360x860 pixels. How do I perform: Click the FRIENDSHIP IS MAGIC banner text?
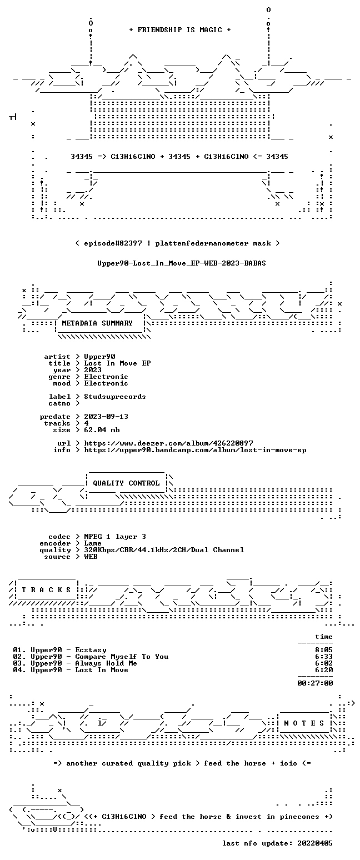[x=180, y=30]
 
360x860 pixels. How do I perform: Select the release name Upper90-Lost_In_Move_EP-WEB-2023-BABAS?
[x=182, y=263]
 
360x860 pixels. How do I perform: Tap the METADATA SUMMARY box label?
[x=97, y=323]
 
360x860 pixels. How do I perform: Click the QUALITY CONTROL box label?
[x=126, y=483]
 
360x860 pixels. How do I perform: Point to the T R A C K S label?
[x=47, y=590]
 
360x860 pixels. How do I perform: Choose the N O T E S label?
[x=304, y=723]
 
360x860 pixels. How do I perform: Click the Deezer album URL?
[x=168, y=443]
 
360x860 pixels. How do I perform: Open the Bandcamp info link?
[x=196, y=450]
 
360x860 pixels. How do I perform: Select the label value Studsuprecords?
[x=115, y=397]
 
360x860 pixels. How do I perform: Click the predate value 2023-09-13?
[x=106, y=417]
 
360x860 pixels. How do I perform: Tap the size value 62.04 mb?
[x=102, y=430]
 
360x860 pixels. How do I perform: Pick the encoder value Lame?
[x=93, y=544]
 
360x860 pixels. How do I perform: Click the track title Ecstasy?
[x=91, y=650]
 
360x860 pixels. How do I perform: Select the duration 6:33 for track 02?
[x=324, y=657]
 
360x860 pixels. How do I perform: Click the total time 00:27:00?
[x=315, y=683]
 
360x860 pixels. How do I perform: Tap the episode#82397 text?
[x=113, y=243]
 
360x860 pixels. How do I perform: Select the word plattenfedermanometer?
[x=202, y=243]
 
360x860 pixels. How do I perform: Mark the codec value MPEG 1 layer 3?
[x=115, y=537]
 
